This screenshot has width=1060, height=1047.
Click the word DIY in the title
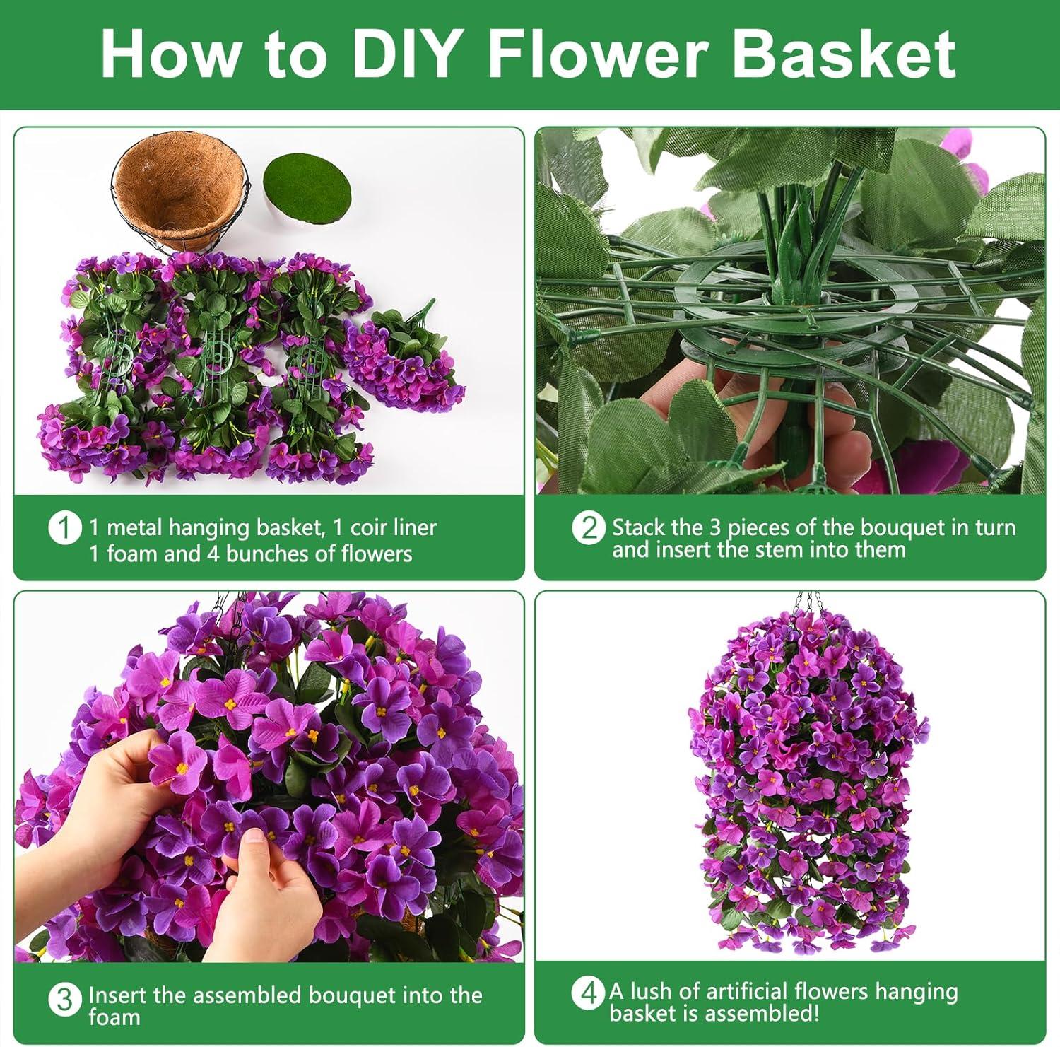point(403,54)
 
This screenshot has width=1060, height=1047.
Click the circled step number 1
point(64,528)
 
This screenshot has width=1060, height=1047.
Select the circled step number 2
point(589,528)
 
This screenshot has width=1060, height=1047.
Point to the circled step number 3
point(64,1000)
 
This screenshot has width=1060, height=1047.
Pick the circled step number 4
point(589,993)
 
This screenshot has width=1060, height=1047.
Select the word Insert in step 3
point(118,995)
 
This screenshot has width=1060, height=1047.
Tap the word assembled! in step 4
point(762,1014)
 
